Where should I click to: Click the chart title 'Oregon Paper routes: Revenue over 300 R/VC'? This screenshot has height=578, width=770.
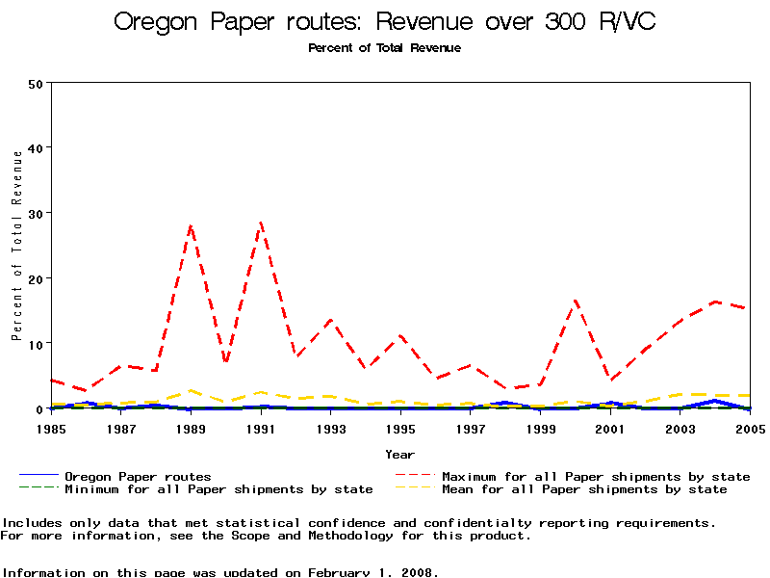[385, 22]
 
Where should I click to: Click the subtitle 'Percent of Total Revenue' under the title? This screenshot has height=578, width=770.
[385, 48]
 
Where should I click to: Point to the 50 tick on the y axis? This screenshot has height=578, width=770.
[37, 83]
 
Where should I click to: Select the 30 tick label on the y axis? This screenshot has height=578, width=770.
[37, 213]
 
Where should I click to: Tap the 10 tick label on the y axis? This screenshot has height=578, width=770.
[37, 344]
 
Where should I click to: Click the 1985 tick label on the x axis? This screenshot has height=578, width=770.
[52, 428]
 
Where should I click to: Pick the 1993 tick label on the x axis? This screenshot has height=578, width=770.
[331, 428]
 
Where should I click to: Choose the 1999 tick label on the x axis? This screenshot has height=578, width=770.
[540, 428]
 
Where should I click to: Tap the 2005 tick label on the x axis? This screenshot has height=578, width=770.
[749, 428]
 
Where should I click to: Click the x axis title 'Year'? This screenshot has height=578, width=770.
[400, 454]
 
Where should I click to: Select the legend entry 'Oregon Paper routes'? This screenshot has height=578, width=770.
[138, 476]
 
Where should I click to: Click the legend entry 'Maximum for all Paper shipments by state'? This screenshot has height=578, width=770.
[596, 476]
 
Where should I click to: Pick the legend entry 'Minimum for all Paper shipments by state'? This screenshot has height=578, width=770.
[218, 489]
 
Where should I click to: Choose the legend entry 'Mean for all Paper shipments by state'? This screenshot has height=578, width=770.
[584, 489]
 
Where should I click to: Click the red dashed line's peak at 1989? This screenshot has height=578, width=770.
[191, 225]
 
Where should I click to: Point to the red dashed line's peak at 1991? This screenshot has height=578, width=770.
[261, 223]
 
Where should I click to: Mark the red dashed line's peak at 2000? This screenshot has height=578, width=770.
[575, 301]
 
